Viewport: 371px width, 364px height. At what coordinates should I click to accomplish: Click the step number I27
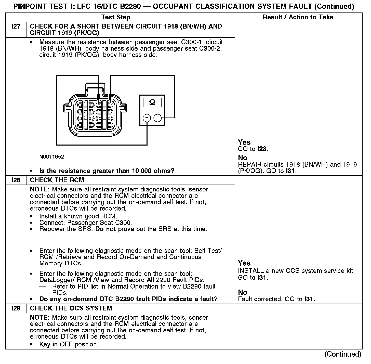[16, 27]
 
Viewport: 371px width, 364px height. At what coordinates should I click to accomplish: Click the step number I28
[16, 180]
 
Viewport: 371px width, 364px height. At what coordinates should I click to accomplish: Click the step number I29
[16, 308]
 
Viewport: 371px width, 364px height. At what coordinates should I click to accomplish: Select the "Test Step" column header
[116, 17]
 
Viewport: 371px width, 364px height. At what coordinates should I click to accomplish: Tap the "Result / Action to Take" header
[298, 17]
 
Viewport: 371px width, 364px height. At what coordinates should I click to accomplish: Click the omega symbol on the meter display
[152, 102]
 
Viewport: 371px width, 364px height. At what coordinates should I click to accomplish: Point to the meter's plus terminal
[147, 118]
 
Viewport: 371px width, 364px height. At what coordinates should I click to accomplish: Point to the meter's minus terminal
[158, 118]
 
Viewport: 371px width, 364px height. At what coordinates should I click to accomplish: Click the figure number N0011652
[52, 157]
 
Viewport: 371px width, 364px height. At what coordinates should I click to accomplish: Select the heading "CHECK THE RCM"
[57, 180]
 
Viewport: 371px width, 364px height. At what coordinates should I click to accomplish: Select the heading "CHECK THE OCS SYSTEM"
[71, 308]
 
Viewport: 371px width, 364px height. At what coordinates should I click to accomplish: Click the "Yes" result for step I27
[244, 142]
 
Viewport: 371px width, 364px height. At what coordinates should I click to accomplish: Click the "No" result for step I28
[243, 292]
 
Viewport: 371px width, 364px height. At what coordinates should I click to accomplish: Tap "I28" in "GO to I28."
[262, 149]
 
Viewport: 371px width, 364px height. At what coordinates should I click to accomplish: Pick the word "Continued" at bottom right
[343, 354]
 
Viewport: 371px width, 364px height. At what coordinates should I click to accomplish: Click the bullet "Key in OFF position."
[69, 345]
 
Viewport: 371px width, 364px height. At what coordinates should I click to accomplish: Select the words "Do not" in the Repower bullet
[105, 229]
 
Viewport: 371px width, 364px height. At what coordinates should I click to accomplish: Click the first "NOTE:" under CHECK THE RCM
[40, 190]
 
